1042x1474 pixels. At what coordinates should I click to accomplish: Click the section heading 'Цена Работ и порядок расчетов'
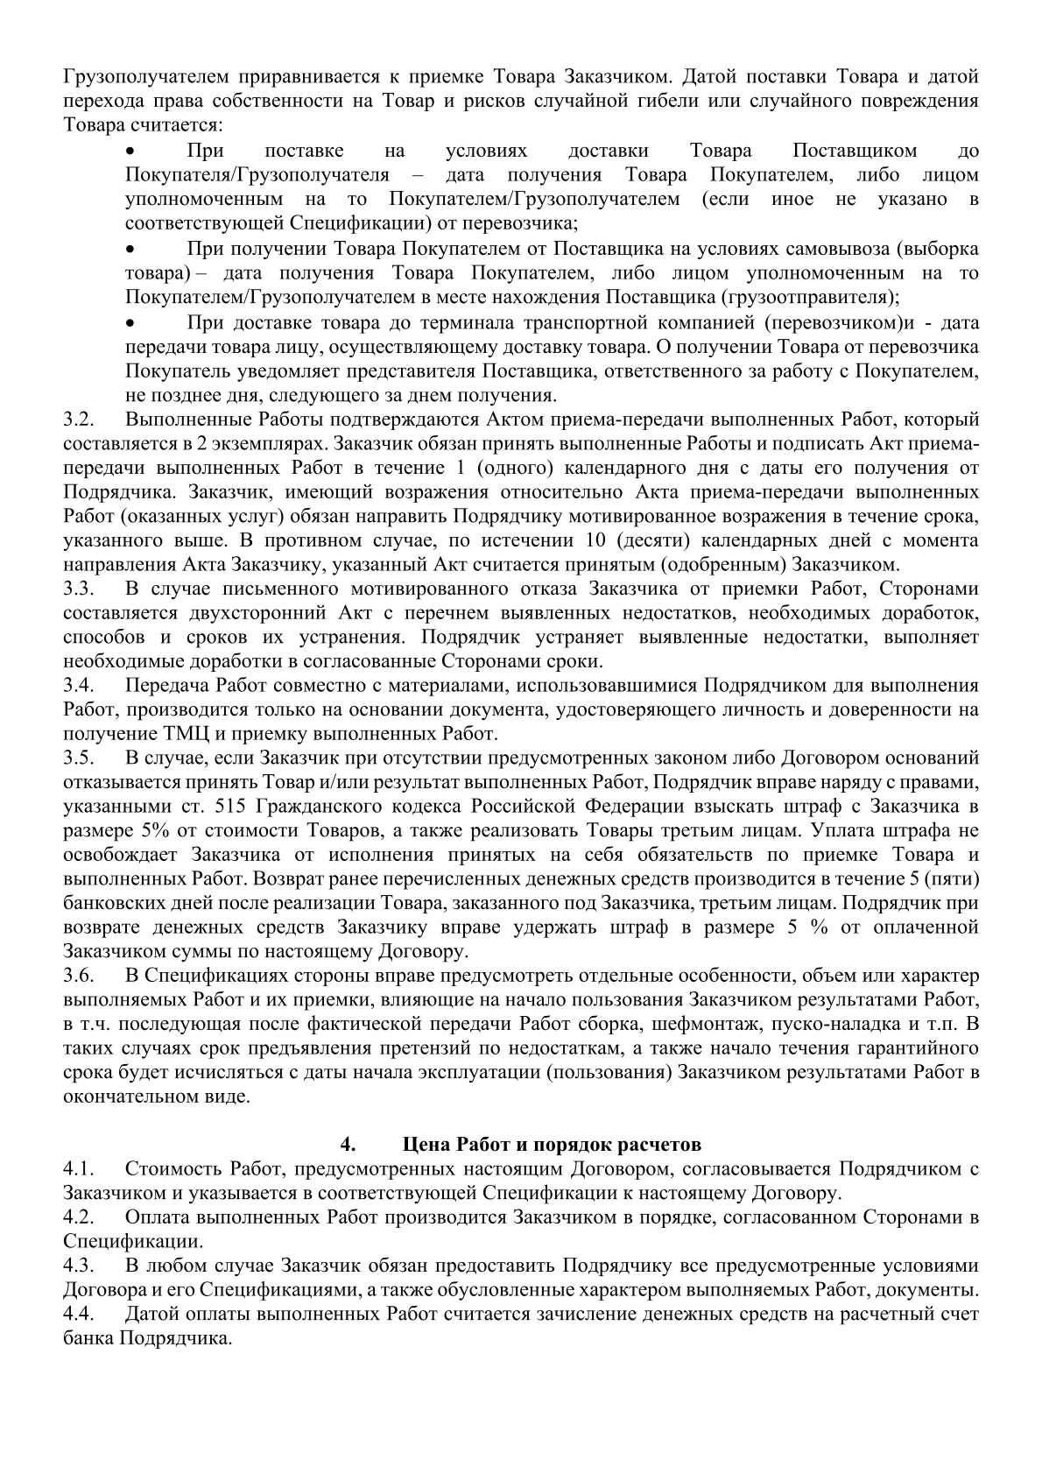pyautogui.click(x=552, y=1144)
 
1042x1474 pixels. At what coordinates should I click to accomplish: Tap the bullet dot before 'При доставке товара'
pyautogui.click(x=132, y=322)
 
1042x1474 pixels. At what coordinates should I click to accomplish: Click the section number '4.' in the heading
pyautogui.click(x=348, y=1144)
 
